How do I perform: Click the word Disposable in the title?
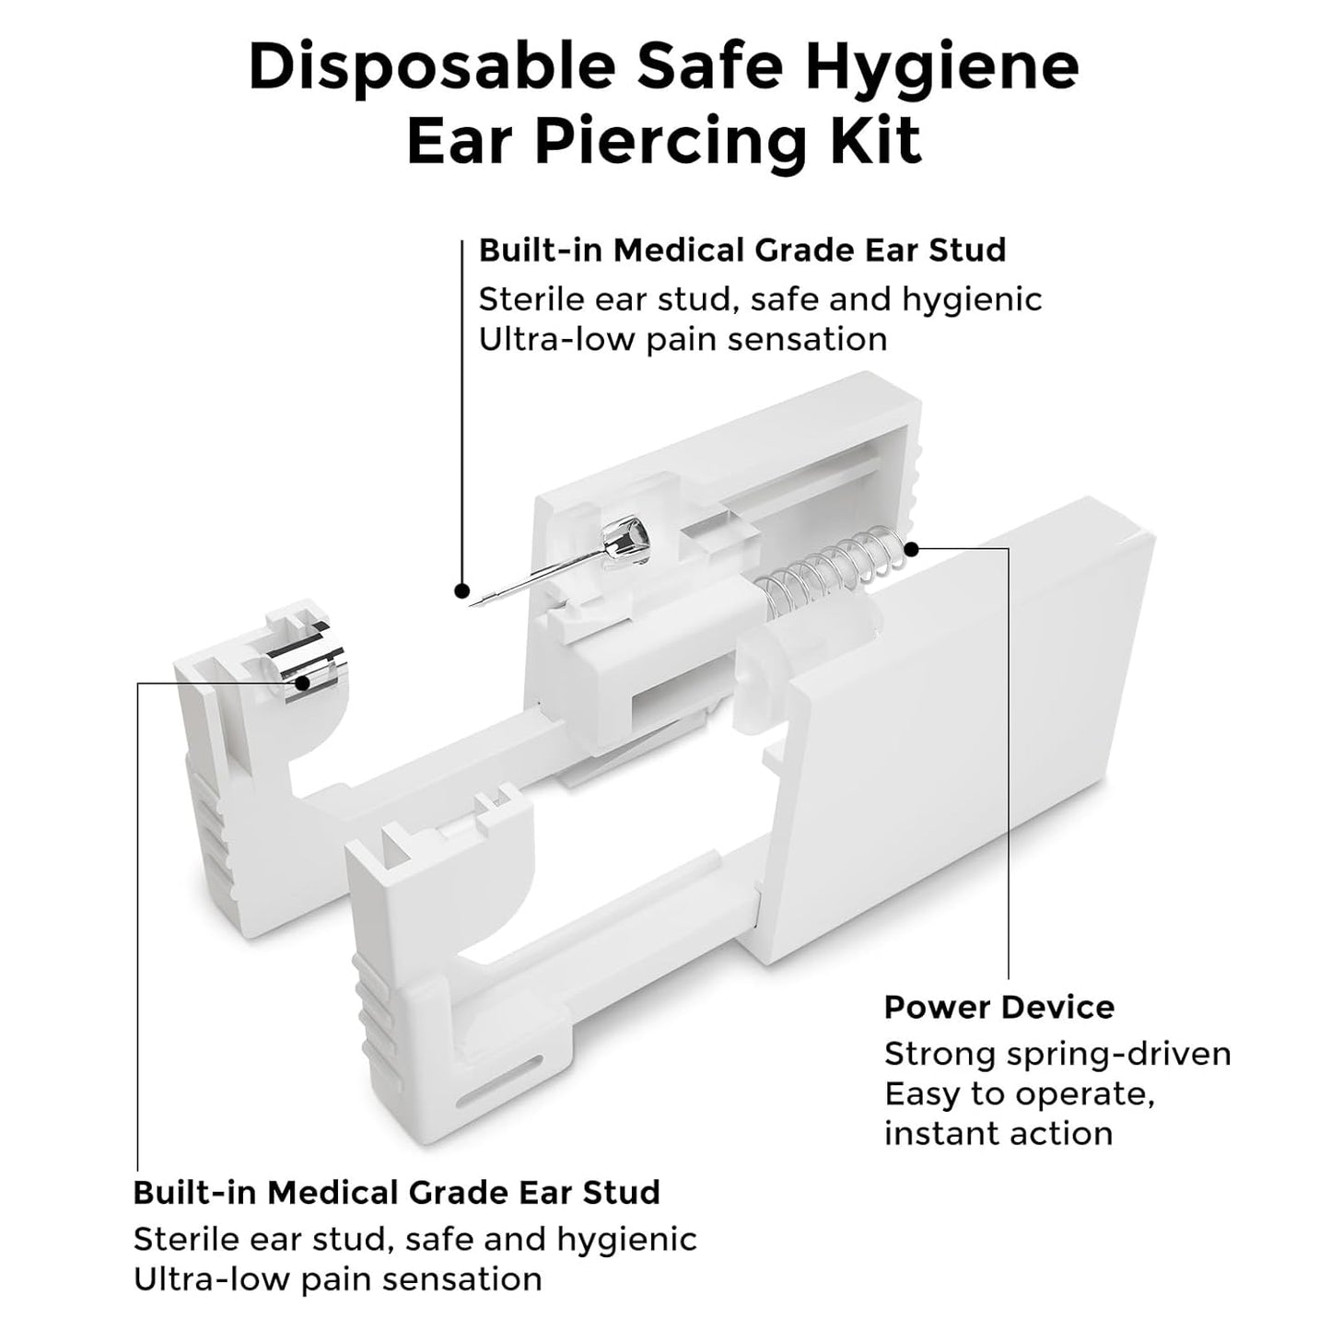click(432, 69)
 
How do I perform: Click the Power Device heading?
click(998, 1008)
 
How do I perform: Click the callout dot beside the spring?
click(912, 549)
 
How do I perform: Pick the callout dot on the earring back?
click(302, 683)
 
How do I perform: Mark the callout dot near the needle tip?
click(462, 591)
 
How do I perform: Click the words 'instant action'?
click(998, 1134)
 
